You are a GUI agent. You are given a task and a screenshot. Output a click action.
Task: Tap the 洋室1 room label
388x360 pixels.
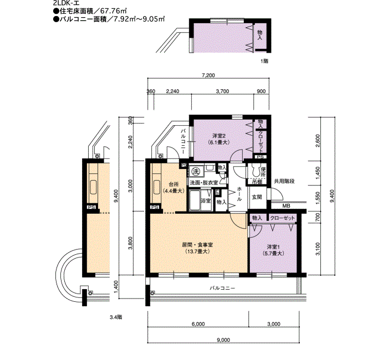273,247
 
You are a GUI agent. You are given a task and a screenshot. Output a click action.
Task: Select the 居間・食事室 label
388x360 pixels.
197,245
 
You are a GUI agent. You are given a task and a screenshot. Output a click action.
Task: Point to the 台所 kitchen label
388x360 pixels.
173,184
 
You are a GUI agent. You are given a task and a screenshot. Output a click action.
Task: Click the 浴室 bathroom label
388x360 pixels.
206,200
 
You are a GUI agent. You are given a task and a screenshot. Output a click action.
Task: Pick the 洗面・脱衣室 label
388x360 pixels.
204,183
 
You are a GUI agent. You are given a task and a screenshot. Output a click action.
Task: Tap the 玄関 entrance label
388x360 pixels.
257,197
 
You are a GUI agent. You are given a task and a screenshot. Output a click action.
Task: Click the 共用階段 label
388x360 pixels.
284,181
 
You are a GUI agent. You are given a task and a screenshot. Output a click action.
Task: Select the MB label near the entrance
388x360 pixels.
287,205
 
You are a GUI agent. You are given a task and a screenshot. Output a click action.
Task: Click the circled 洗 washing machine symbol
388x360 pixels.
196,171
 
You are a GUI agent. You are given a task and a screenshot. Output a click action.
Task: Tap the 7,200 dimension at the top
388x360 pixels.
208,75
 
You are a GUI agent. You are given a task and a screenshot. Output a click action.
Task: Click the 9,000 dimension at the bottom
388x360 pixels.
223,340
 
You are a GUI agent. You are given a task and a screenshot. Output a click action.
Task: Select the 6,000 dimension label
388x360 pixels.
198,324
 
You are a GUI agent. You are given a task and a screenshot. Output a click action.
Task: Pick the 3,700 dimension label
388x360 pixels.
222,91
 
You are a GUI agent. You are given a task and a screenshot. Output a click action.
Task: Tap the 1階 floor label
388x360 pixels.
264,61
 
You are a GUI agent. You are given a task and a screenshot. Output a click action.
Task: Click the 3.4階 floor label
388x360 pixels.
116,317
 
